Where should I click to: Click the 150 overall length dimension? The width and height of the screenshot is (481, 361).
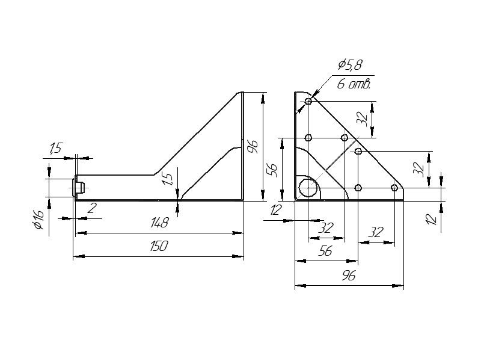point(159,246)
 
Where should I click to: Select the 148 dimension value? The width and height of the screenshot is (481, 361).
point(159,223)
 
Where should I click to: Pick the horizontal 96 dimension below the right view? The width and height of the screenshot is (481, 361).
point(349,276)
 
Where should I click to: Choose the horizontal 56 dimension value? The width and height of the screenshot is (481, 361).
point(325,252)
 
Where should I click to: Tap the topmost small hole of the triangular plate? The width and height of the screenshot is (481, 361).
point(308,101)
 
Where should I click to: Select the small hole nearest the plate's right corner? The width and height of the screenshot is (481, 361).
point(394,188)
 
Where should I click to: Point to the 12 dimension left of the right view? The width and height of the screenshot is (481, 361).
point(277,210)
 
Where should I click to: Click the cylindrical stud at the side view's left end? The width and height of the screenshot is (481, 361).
point(79,187)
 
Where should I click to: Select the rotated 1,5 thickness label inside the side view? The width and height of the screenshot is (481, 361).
point(168,179)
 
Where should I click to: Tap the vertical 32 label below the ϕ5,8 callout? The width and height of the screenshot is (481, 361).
point(362,118)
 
